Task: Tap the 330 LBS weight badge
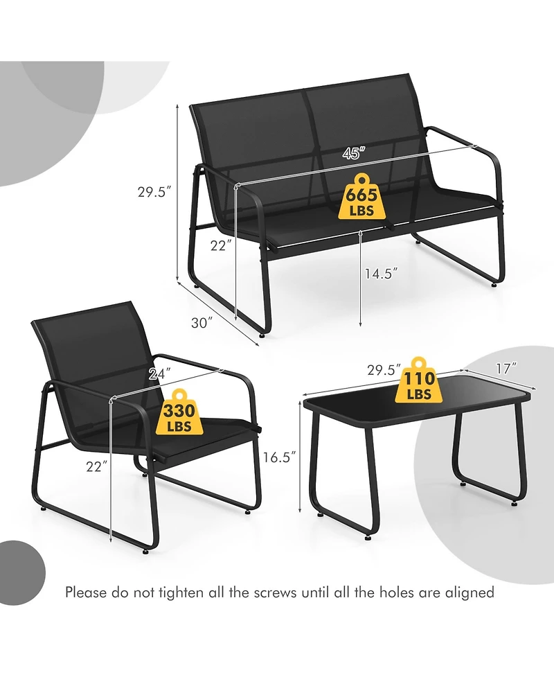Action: coord(178,415)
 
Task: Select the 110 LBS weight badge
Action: coord(420,383)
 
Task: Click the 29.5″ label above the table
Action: coord(384,371)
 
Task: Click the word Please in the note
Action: coord(87,592)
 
